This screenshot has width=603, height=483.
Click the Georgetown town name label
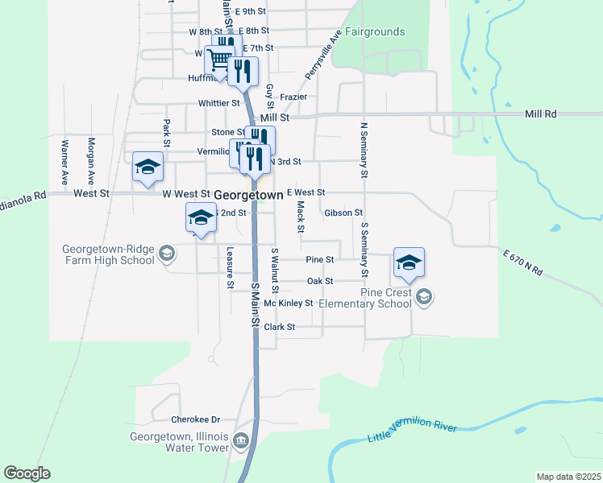pos(247,195)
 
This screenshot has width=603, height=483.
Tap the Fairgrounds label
pos(375,32)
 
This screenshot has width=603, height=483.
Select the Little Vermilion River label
pos(412,431)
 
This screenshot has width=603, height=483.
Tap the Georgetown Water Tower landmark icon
pos(240,441)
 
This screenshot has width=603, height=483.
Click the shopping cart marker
pos(218,60)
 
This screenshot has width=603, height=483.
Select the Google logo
pos(27,473)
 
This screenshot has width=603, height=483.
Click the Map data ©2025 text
pos(568,477)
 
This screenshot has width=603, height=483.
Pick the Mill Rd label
pos(540,114)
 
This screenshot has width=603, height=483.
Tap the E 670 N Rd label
pos(522,265)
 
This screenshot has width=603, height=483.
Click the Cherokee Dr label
pos(196,419)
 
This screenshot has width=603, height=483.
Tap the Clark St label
pos(280,328)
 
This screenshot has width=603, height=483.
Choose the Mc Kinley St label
pos(288,303)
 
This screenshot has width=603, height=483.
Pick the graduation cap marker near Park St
pos(148,167)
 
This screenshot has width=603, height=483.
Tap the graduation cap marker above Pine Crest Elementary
pos(409,262)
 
